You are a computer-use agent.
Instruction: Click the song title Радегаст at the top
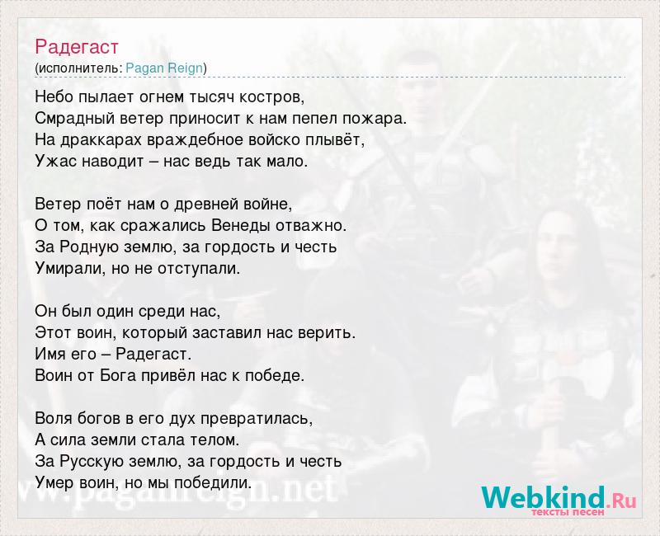[77, 47]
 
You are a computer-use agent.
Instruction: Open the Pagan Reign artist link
[164, 68]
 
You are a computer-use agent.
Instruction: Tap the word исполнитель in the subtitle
[80, 68]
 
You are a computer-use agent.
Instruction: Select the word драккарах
[101, 140]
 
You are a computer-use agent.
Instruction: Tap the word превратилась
[257, 419]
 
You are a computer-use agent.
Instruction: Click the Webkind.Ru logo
[559, 499]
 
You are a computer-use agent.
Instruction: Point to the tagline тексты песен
[568, 512]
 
